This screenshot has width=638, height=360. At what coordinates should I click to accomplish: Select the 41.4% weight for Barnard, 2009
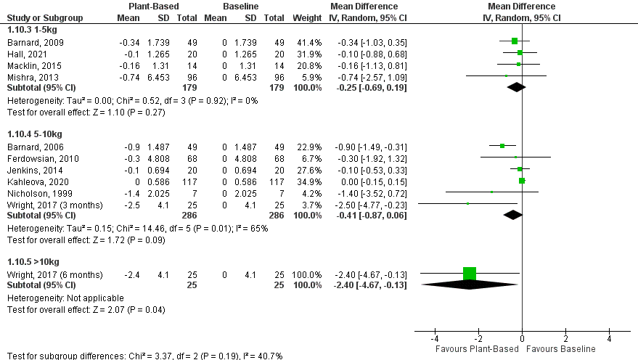tap(308, 41)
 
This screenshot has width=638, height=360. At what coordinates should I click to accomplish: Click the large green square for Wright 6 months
tap(470, 274)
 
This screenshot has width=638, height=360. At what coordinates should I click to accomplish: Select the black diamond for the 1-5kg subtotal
tap(516, 87)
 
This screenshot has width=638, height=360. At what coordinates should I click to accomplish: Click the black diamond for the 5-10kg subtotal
tap(513, 215)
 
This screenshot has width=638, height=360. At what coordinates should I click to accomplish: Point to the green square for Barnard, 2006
tap(502, 145)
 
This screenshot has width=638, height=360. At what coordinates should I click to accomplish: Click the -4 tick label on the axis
tap(435, 340)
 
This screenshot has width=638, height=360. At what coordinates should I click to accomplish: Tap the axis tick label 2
tap(565, 340)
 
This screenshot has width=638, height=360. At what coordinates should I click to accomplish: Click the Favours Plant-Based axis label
tap(476, 349)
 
